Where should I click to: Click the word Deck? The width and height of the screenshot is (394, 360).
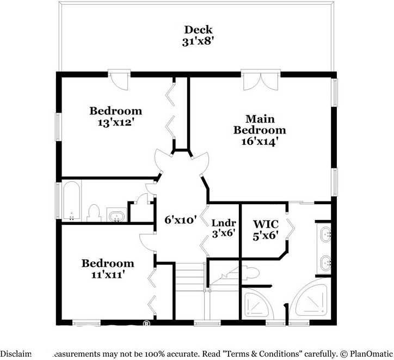(x=198, y=30)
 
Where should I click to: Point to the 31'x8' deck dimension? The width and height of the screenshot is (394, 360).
(x=198, y=41)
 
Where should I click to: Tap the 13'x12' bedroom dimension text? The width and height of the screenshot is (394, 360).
(x=115, y=123)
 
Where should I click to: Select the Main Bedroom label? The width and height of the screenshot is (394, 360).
(x=260, y=125)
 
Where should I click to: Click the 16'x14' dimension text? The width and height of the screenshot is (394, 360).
(x=260, y=142)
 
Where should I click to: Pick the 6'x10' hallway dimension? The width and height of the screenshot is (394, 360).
(x=180, y=221)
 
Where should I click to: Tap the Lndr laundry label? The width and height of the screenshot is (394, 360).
(x=223, y=223)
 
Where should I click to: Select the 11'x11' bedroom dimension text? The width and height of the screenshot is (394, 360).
(x=107, y=275)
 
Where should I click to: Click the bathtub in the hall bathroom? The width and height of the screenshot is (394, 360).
(x=71, y=202)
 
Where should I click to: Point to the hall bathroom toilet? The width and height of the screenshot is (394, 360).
(x=94, y=213)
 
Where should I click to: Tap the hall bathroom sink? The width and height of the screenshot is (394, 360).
(x=116, y=216)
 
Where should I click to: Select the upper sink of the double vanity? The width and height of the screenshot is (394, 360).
(x=325, y=235)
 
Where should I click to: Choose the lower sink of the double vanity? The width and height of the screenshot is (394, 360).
(x=325, y=263)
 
